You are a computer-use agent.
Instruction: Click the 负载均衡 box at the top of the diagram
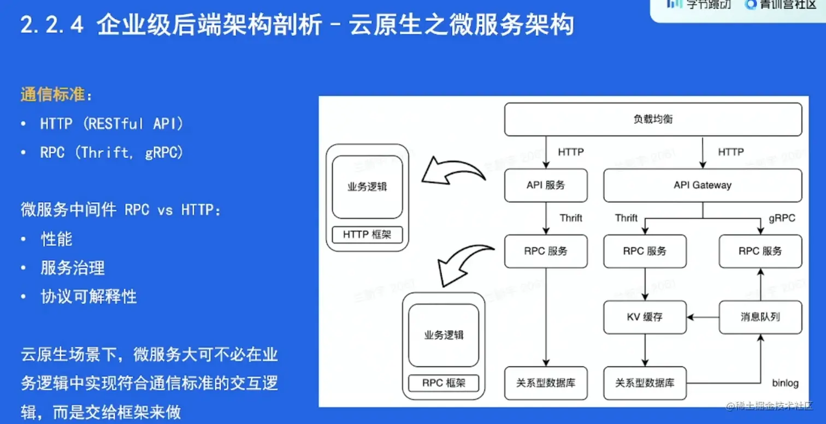coord(653,120)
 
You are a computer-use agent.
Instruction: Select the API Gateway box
coord(703,186)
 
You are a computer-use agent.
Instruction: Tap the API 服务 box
coord(546,186)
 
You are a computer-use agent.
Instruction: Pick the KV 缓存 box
coord(645,317)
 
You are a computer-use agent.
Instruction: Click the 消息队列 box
coord(760,317)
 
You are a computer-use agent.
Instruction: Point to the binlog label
coord(785,383)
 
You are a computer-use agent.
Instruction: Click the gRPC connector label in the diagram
coord(782,218)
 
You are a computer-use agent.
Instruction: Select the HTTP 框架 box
coord(367,235)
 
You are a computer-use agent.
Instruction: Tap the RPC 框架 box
coord(444,383)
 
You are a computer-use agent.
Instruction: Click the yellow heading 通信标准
coord(53,94)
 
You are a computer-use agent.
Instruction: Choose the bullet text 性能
coord(56,239)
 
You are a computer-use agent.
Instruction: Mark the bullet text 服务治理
coord(73,268)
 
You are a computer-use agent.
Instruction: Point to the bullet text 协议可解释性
coord(88,297)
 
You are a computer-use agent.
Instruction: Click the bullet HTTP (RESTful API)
coord(112,124)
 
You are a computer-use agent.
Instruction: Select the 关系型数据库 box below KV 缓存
coord(645,383)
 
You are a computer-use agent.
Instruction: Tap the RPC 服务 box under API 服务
coord(546,252)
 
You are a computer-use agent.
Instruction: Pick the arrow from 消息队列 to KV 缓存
coord(703,317)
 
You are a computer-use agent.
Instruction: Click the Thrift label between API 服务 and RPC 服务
coord(571,218)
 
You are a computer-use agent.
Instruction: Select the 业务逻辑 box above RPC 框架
coord(444,335)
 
